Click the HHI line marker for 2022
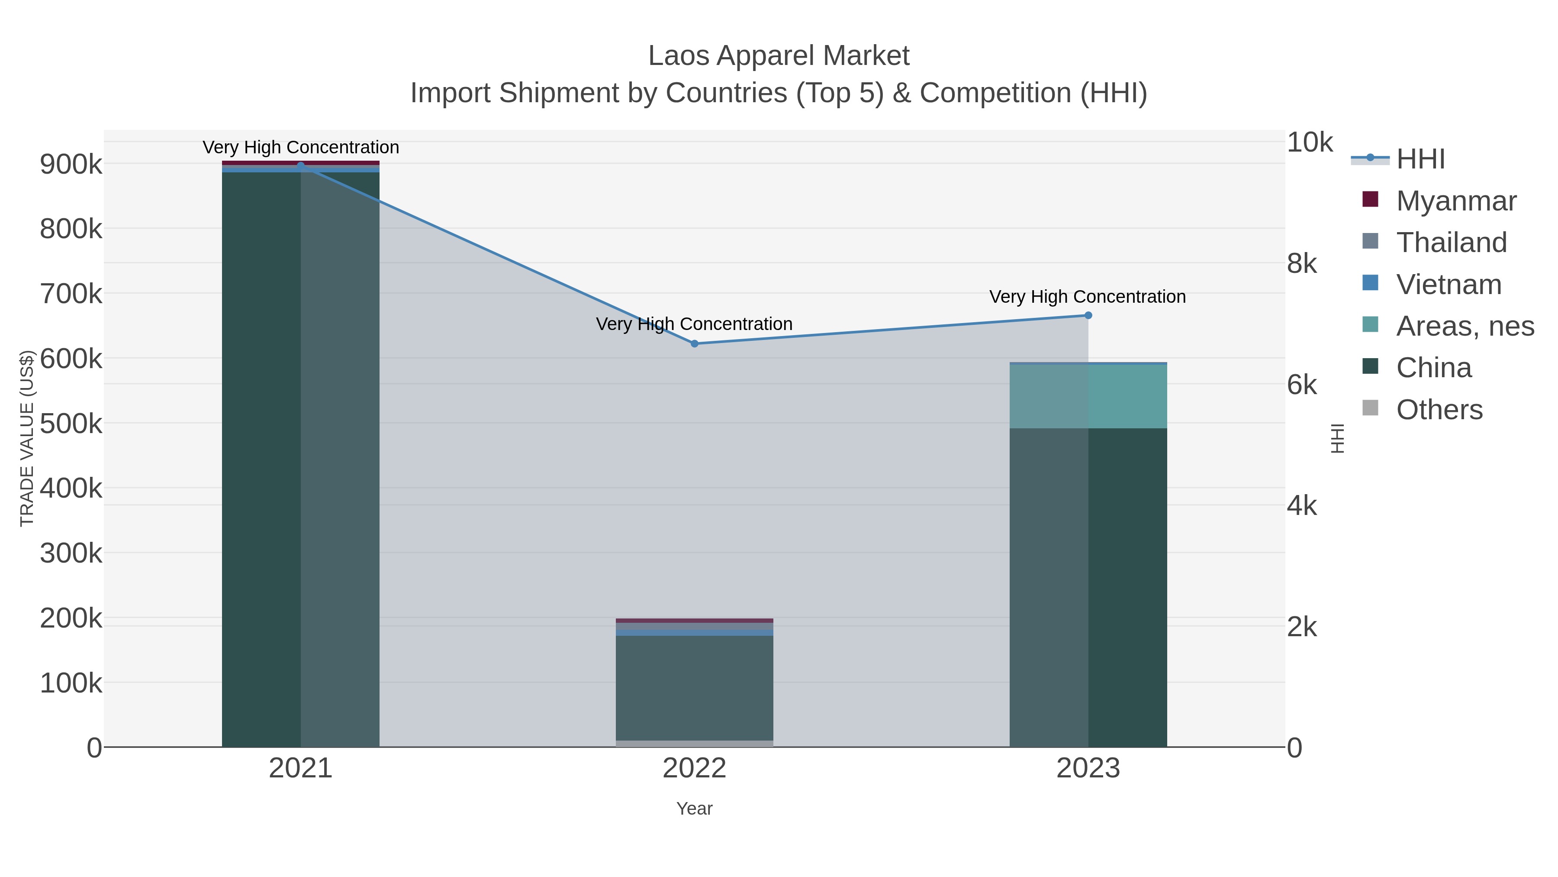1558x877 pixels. (x=694, y=344)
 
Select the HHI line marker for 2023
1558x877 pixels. (x=1088, y=315)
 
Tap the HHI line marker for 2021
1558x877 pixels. (x=301, y=165)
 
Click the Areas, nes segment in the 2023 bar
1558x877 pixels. (x=1088, y=396)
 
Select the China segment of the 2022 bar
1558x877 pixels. (x=694, y=688)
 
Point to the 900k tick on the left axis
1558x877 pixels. (x=71, y=165)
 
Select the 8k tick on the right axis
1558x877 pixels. (x=1301, y=264)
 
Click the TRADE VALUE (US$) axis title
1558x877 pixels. (x=26, y=438)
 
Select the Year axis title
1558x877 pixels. (x=694, y=809)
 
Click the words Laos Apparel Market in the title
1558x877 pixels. (x=779, y=56)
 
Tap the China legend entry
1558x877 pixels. (x=1433, y=368)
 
